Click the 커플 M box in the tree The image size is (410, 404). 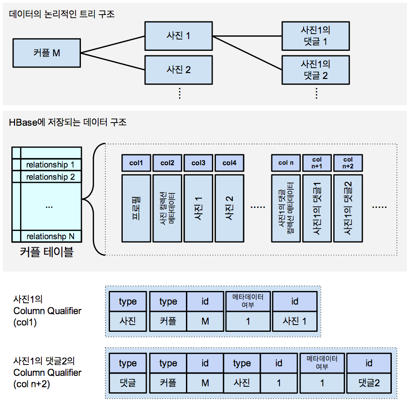tap(47, 53)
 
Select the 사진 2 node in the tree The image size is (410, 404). tap(179, 69)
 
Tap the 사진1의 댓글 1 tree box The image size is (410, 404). tap(315, 36)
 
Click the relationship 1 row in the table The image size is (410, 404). tap(50, 164)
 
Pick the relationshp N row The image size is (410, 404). tap(50, 236)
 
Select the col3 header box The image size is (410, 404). tap(198, 163)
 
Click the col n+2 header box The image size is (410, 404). tap(348, 163)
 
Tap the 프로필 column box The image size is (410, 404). tap(136, 207)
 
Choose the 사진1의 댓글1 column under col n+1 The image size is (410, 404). tap(317, 207)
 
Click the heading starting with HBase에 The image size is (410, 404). tap(68, 122)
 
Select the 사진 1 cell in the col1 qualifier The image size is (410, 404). tap(295, 321)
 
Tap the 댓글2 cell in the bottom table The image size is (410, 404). tap(369, 382)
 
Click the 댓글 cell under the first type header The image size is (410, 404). tap(127, 382)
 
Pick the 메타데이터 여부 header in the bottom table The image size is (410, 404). tap(322, 363)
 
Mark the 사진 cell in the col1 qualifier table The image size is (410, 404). tap(127, 321)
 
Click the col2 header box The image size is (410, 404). tap(167, 163)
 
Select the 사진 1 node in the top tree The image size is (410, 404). tap(179, 35)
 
